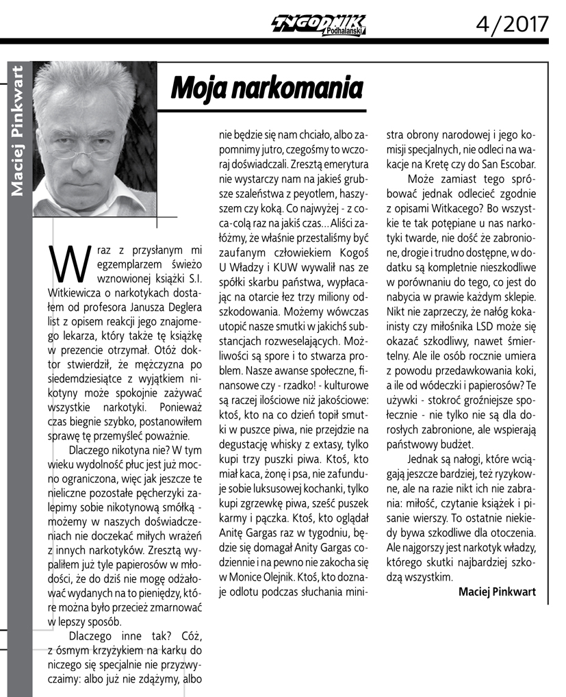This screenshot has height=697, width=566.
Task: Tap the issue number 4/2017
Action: click(513, 24)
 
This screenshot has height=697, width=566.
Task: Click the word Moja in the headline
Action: click(198, 88)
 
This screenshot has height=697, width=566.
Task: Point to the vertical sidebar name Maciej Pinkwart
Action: click(18, 131)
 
